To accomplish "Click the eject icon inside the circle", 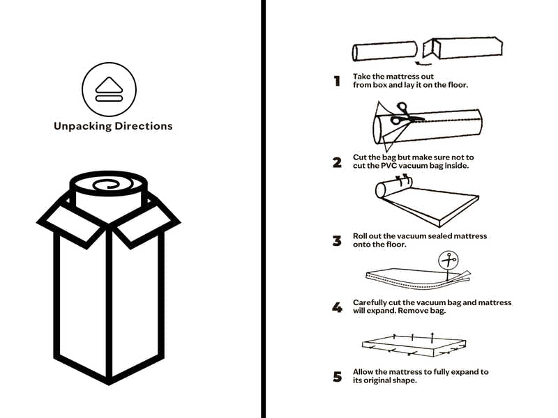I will click(109, 90).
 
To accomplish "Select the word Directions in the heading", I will click(145, 126).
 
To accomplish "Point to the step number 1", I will click(337, 81).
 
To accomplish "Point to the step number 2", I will click(337, 162).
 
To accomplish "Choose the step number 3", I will click(337, 241).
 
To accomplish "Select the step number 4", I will click(337, 307).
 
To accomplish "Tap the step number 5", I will click(338, 377).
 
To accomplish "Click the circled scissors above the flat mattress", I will click(448, 261).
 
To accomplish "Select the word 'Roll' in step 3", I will click(361, 236).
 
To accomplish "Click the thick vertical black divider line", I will click(263, 209).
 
